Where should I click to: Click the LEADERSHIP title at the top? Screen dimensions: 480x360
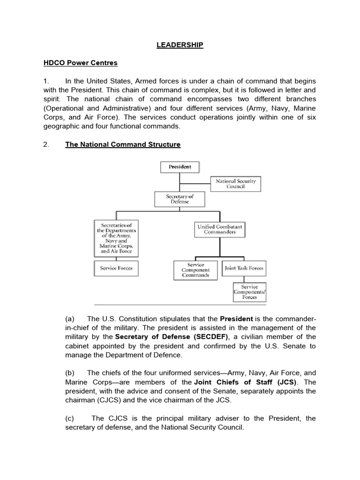[x=180, y=45]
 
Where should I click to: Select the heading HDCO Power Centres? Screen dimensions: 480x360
[x=91, y=63]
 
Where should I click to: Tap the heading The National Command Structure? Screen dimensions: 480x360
[x=122, y=144]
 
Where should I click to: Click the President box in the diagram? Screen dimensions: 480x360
[x=180, y=166]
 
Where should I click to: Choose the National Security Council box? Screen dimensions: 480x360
[x=236, y=183]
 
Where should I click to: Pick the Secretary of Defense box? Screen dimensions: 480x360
[x=180, y=199]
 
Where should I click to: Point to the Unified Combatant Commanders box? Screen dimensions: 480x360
[x=220, y=229]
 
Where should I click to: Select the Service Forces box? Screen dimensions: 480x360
[x=116, y=268]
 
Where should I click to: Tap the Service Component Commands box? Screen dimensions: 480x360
[x=195, y=270]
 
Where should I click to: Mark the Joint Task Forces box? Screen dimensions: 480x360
[x=243, y=268]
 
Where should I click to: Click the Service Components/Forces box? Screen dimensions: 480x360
[x=253, y=291]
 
